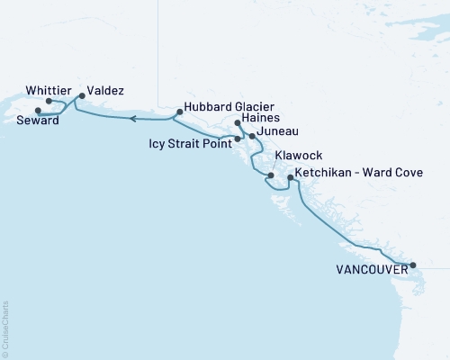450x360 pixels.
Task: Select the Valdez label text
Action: [x=106, y=91]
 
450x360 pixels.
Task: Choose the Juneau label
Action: [x=274, y=132]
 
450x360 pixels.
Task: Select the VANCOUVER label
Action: [x=371, y=268]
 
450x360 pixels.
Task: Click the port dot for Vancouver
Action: [x=413, y=265]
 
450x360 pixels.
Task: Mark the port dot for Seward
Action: [x=37, y=111]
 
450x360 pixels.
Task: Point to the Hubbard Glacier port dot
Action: [x=179, y=112]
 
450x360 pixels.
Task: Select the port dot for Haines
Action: [x=237, y=123]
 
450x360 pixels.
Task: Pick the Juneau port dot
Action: [x=252, y=136]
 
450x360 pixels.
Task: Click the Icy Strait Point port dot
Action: [x=238, y=139]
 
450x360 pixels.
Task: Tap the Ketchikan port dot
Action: [x=289, y=177]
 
